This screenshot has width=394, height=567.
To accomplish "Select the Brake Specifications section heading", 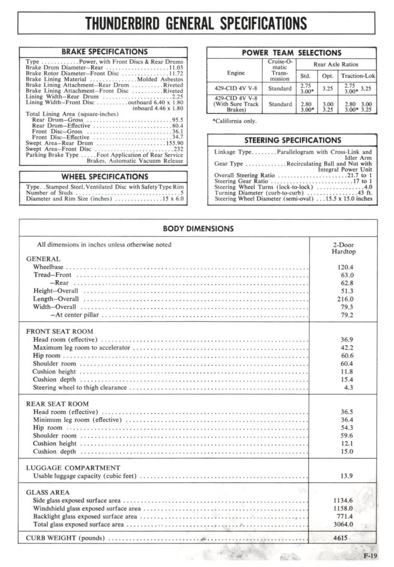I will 105,52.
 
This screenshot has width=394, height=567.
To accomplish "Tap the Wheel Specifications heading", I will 105,177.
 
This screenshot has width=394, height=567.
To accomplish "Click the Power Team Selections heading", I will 291,53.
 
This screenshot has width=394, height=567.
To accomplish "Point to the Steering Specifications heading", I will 292,140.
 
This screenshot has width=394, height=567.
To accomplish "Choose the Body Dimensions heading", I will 198,229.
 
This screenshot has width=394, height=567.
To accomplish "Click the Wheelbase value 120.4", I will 345,267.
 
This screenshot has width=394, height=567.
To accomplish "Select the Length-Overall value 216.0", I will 345,299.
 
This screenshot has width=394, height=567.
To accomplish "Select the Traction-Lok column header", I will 358,76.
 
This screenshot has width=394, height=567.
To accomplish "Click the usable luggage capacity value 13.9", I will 346,476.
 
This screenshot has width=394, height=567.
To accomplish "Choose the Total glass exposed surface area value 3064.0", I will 343,524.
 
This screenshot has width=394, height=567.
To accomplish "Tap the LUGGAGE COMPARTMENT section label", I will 73,468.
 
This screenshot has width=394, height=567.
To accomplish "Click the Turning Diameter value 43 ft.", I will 364,193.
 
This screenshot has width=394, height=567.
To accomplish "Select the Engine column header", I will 235,73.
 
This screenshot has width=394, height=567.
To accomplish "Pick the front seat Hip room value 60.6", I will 346,356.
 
